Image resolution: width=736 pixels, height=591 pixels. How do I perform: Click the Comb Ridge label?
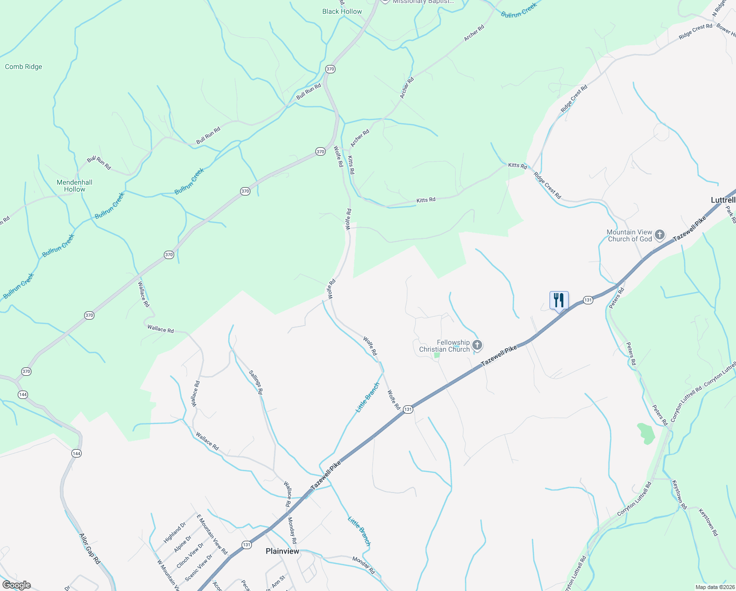[x=24, y=67]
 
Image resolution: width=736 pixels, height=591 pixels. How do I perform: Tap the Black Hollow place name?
[x=342, y=12]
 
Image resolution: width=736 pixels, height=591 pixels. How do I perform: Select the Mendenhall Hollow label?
[x=74, y=186]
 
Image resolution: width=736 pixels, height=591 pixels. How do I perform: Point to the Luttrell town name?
[x=723, y=200]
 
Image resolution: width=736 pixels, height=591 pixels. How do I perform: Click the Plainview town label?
[x=282, y=551]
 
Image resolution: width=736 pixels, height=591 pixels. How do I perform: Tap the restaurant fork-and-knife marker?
[x=559, y=300]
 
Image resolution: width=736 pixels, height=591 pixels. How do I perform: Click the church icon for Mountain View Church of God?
[x=660, y=235]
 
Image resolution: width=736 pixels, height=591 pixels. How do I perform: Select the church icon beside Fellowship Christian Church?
[x=477, y=345]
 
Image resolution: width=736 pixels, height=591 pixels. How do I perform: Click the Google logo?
[x=16, y=585]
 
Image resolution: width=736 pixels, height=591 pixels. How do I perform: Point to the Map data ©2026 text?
[x=714, y=587]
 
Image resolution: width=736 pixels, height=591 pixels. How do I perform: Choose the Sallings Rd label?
[x=256, y=382]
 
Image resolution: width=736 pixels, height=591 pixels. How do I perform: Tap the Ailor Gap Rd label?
[x=90, y=548]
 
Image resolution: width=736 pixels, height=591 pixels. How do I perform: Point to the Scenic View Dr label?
[x=199, y=567]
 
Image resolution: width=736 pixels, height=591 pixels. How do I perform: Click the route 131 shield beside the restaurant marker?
[x=587, y=300]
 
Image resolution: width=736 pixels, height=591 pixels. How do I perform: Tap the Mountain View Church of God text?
[x=629, y=235]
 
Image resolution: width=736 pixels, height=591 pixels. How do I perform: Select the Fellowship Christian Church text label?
[x=445, y=346]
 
